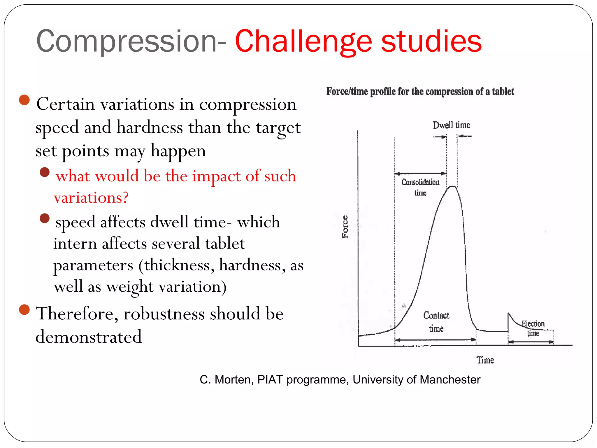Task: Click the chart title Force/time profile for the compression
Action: (420, 91)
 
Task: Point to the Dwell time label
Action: (451, 125)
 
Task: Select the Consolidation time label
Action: (420, 187)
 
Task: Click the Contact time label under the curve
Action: (436, 322)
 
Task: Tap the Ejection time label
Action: (533, 328)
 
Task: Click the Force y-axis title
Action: (345, 227)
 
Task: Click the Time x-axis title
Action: (485, 360)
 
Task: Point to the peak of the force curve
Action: (452, 187)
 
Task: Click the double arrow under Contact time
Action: (435, 340)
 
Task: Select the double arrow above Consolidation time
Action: (420, 174)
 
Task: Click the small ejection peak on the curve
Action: (509, 314)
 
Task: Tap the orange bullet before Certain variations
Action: (24, 100)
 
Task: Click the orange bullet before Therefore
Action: (24, 310)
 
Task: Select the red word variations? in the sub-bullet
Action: (91, 197)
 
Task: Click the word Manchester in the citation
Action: (450, 379)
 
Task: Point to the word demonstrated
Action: (89, 337)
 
